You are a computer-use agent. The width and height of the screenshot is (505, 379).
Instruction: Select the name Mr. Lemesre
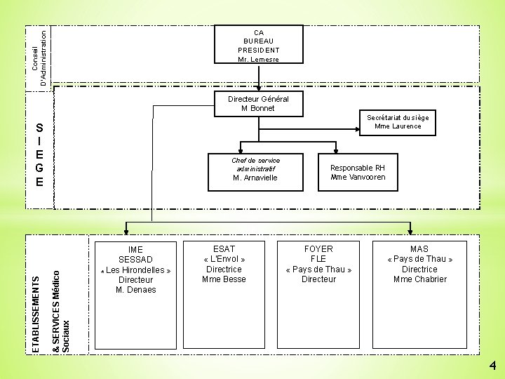tap(258, 60)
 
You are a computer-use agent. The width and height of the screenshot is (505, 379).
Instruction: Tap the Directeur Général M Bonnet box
tap(258, 104)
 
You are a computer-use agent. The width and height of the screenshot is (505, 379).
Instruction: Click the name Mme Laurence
tap(398, 126)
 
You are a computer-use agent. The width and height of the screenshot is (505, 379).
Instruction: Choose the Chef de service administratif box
tap(255, 169)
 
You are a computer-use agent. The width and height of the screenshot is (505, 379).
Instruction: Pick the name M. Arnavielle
tap(255, 178)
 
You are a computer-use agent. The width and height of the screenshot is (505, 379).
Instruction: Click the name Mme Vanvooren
tap(358, 178)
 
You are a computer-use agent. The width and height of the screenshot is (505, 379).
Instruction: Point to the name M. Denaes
tap(136, 290)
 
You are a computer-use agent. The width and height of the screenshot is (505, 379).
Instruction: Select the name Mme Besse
tap(224, 279)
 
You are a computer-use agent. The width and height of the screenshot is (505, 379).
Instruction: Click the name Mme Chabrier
tap(419, 279)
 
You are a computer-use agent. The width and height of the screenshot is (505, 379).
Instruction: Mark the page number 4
tap(493, 366)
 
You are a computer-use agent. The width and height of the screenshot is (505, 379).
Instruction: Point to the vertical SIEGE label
tap(40, 155)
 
